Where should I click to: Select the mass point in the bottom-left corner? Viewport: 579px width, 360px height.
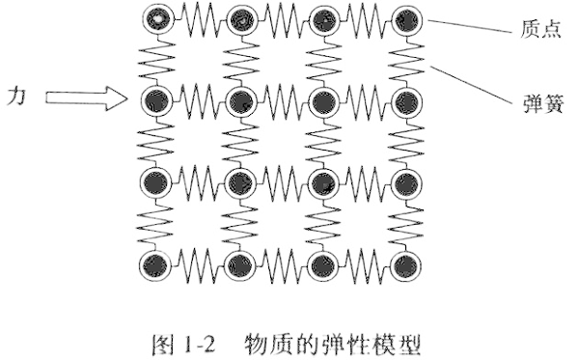coord(154,264)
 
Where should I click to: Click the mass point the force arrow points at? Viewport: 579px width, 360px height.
coord(154,98)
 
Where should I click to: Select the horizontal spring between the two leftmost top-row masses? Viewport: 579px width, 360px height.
coord(197,17)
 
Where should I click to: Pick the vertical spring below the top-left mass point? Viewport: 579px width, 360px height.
coord(154,58)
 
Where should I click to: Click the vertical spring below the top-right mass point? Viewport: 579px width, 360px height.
coord(409,58)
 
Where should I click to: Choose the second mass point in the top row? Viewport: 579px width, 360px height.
coord(239,17)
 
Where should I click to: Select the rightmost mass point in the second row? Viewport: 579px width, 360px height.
coord(409,98)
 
